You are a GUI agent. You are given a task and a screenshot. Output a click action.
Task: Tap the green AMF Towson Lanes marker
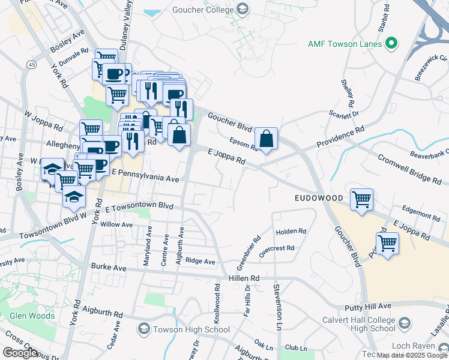(391, 43)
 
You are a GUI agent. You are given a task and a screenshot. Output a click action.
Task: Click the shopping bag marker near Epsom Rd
(266, 139)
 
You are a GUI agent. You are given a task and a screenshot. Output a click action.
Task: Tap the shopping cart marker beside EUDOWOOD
(361, 199)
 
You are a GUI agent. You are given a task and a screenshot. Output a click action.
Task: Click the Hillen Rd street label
(244, 278)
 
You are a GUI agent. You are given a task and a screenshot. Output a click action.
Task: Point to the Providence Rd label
(340, 137)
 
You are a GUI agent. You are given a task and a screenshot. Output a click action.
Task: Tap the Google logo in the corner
(20, 353)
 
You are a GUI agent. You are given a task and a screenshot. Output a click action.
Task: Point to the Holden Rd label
(291, 232)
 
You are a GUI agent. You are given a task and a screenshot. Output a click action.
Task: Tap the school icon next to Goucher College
(242, 9)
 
